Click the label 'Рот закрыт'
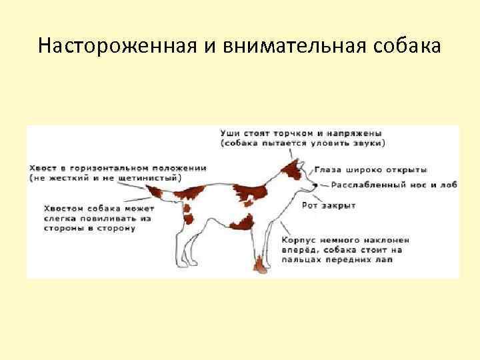pos(329,205)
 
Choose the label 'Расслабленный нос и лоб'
pos(394,185)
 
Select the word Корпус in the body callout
pos(299,239)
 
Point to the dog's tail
pos(155,193)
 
